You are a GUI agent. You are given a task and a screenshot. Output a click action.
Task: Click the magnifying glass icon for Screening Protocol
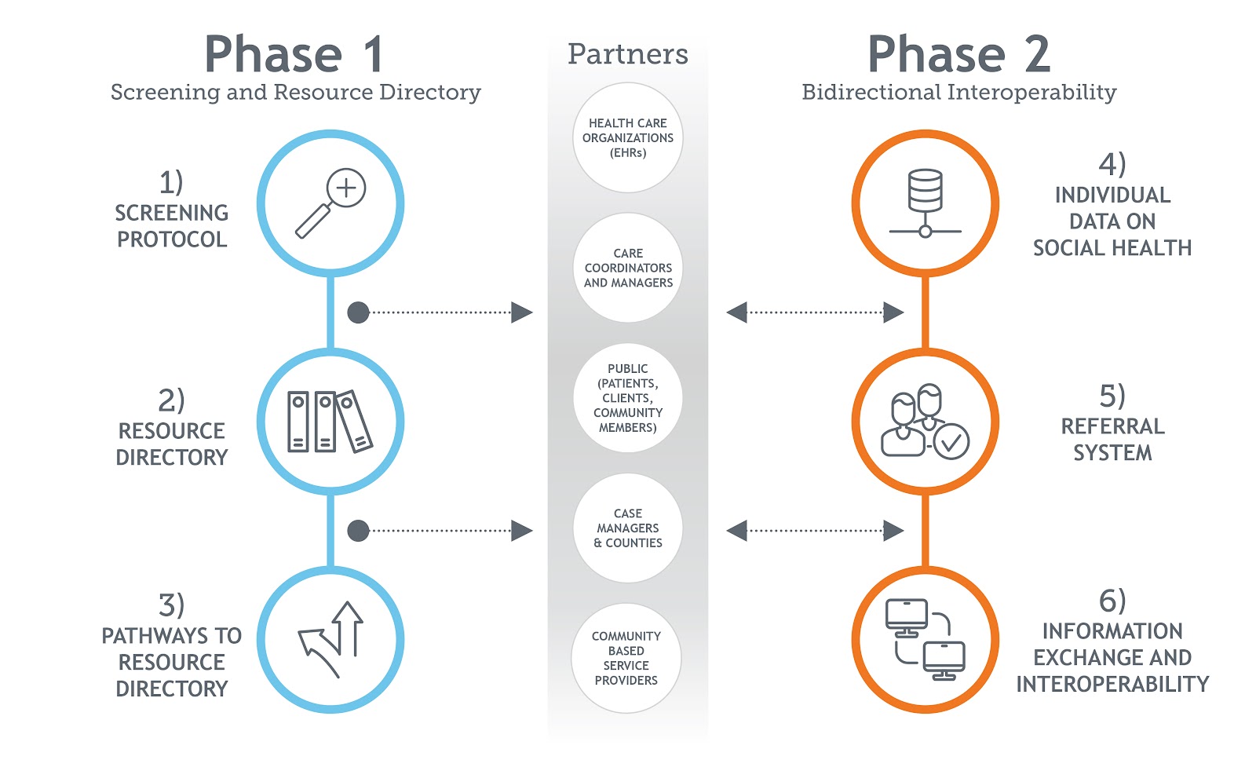point(330,203)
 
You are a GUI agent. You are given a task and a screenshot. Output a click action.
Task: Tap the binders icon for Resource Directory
point(330,422)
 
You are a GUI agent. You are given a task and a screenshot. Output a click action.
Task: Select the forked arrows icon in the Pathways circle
point(331,639)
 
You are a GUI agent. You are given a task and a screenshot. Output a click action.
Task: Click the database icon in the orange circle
point(926,203)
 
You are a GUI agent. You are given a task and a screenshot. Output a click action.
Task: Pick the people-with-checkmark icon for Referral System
point(925,422)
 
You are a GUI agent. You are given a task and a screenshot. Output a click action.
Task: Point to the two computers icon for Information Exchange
point(926,639)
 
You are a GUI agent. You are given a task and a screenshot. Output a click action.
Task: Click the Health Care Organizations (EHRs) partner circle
point(628,138)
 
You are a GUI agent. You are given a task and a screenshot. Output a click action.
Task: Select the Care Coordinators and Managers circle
point(628,268)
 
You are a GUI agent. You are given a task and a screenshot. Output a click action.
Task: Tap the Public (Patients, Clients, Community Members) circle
point(628,398)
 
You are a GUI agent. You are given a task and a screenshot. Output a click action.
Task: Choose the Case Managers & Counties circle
point(628,528)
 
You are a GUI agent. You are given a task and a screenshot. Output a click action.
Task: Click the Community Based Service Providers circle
point(626,658)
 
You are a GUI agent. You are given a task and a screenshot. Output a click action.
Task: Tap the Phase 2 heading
point(958,55)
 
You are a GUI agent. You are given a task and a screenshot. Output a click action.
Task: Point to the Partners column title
point(628,54)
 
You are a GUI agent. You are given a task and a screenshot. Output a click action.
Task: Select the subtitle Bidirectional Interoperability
point(958,93)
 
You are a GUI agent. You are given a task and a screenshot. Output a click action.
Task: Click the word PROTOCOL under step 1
point(172,239)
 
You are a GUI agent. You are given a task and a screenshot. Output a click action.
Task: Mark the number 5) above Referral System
point(1112,396)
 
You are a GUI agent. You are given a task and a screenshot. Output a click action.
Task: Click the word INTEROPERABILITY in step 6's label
point(1112,685)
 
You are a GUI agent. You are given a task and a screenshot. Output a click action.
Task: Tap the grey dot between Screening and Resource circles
point(358,312)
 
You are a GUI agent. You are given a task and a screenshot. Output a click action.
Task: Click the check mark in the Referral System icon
point(951,442)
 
